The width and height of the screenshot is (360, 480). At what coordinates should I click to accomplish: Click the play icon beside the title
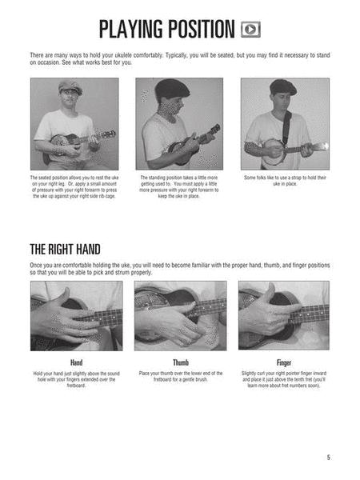pos(250,30)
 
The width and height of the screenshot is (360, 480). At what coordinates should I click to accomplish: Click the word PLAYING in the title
pos(137,30)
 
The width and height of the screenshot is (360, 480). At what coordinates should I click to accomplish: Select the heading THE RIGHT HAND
pos(66,248)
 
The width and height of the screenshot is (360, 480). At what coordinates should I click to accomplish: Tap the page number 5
pos(328,457)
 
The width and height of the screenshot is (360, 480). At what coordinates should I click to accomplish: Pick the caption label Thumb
pos(180,362)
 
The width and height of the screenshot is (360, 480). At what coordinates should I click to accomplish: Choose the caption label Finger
pos(284,362)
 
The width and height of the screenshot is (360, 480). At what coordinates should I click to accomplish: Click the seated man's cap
pos(70,86)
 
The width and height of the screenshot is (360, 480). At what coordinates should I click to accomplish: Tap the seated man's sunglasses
pos(72,94)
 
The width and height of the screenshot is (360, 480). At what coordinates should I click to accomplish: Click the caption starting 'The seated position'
pos(74,186)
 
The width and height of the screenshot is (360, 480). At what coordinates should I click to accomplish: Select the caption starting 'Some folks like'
pos(284,181)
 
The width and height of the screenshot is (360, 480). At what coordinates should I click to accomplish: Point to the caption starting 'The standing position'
pos(179,186)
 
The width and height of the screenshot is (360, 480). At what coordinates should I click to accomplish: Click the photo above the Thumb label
pos(180,315)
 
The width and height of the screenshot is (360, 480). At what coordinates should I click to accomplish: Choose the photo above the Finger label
pos(284,315)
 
